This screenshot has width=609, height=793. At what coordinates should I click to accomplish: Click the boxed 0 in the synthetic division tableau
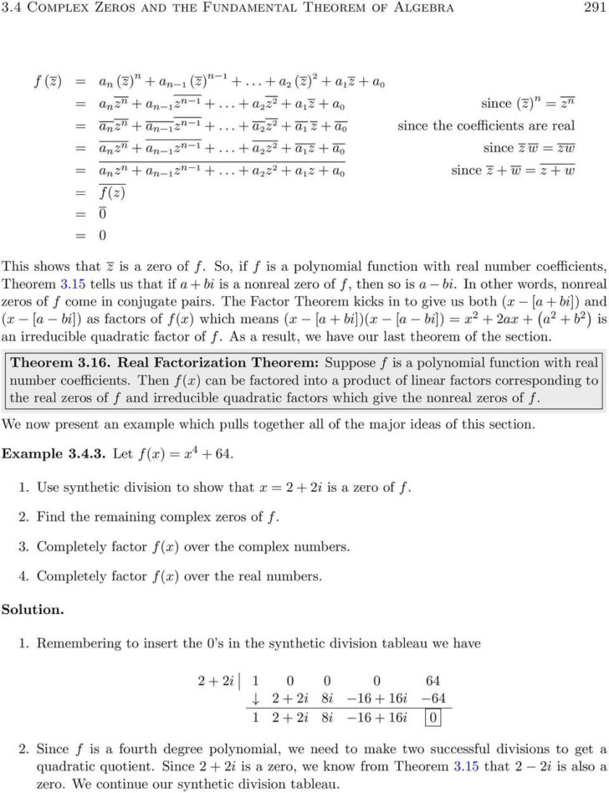432,717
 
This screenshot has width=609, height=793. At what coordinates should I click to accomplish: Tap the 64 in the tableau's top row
432,680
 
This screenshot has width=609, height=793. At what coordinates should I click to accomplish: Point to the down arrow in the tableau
256,698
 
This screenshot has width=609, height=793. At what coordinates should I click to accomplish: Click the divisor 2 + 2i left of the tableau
215,680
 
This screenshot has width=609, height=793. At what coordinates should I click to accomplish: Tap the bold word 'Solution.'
33,610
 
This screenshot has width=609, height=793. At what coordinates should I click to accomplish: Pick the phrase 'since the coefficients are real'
503,125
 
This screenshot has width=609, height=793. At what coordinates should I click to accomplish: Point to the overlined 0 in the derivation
102,214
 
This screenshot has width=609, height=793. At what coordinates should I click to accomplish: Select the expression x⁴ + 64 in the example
209,453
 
